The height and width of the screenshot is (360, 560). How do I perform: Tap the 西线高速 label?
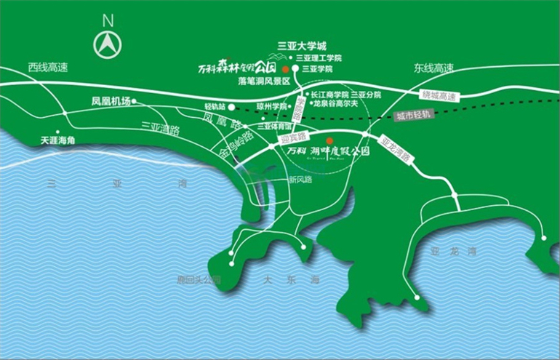(x=48, y=68)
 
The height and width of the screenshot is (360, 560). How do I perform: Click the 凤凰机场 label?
(x=111, y=102)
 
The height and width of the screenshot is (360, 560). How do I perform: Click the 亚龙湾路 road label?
(x=395, y=149)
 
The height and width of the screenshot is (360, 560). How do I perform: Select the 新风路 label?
(x=300, y=179)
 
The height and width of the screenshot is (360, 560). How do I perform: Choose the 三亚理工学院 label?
(x=319, y=57)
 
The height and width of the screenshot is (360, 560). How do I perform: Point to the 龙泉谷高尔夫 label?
(x=337, y=104)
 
